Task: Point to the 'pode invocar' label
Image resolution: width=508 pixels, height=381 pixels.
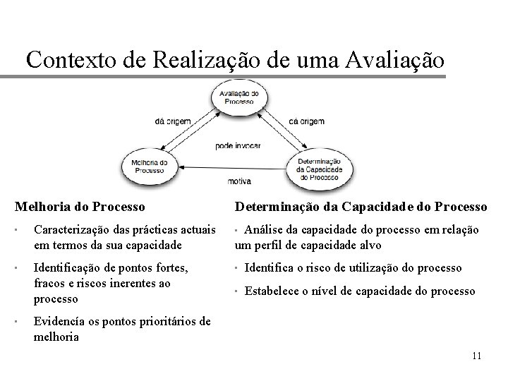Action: coord(238,145)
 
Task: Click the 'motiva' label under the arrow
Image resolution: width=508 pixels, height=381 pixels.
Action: coord(239,182)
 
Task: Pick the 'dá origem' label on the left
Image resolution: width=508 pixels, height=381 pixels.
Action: coord(173,121)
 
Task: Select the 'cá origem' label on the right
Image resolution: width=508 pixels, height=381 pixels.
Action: coord(306,121)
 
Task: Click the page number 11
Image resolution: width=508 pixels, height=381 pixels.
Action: coord(476,356)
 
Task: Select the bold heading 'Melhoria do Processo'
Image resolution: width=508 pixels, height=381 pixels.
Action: coord(80,207)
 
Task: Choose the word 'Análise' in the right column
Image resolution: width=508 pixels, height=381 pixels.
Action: coord(266,230)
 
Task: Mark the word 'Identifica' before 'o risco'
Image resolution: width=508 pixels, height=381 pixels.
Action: coord(272,268)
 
